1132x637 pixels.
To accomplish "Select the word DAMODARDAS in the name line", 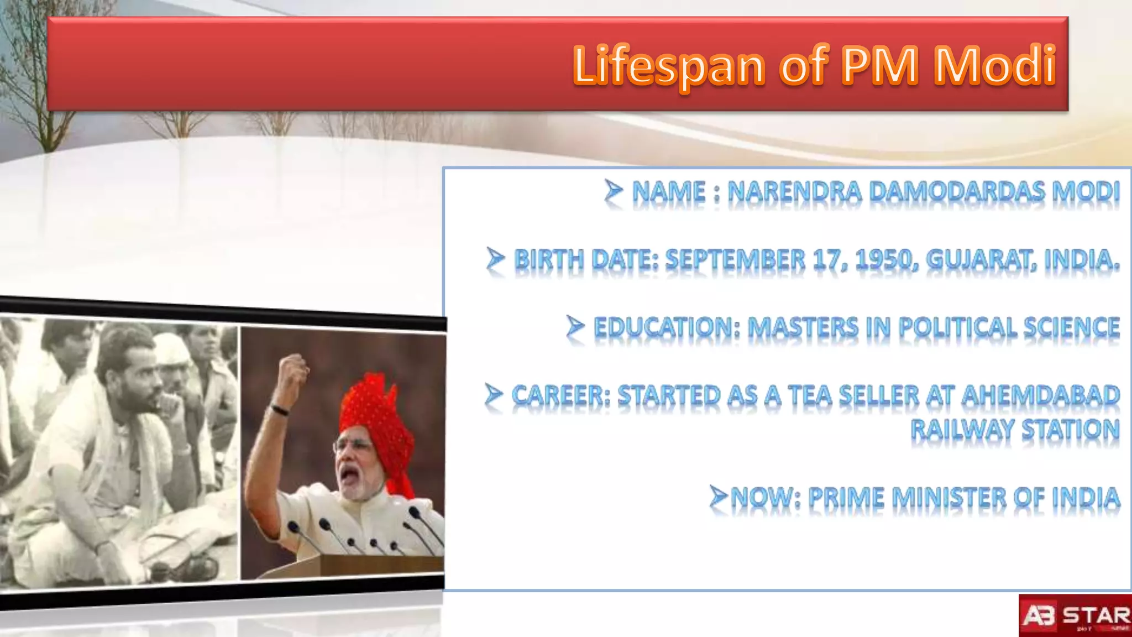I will coord(957,192).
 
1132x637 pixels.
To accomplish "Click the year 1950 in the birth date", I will coord(885,259).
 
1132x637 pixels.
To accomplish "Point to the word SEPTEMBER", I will coord(735,259).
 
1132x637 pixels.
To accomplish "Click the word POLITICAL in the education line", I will coord(957,327).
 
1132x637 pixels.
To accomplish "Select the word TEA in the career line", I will coord(810,395).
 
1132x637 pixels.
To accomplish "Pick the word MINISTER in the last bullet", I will coord(949,498).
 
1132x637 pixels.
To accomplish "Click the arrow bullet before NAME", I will coord(613,191).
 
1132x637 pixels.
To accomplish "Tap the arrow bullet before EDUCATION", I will coord(575,326).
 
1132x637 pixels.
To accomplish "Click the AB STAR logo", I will coord(1075,615).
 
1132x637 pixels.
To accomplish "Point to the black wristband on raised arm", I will coord(280,410).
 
